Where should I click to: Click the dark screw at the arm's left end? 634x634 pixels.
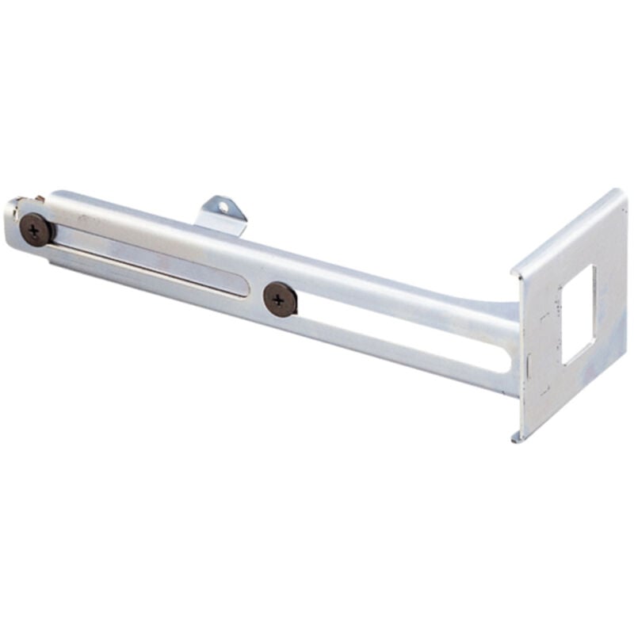(x=36, y=231)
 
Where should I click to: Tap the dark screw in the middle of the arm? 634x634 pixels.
(x=280, y=300)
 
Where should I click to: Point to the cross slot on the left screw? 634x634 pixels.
(x=35, y=231)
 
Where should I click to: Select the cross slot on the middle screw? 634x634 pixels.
(x=279, y=300)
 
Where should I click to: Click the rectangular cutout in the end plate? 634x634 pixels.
(x=578, y=315)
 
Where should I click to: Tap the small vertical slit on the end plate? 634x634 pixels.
(x=529, y=365)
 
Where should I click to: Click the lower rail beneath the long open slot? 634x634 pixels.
(x=396, y=361)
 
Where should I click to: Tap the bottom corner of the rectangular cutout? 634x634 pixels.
(x=565, y=363)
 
